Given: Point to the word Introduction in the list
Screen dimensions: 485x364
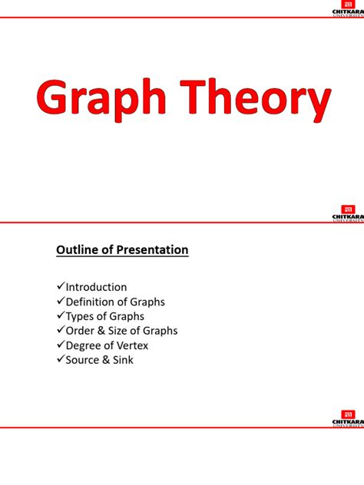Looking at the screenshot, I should point(96,288).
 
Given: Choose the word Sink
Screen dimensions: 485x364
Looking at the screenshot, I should point(122,359).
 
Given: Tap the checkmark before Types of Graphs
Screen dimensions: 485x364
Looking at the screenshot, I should point(61,316).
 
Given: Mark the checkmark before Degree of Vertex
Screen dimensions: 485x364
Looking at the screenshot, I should point(61,345).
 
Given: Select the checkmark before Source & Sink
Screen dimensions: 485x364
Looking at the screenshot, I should point(61,359).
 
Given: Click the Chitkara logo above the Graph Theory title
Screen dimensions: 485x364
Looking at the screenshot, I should point(347,10).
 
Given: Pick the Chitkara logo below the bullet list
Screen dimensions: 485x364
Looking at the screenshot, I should point(347,418).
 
